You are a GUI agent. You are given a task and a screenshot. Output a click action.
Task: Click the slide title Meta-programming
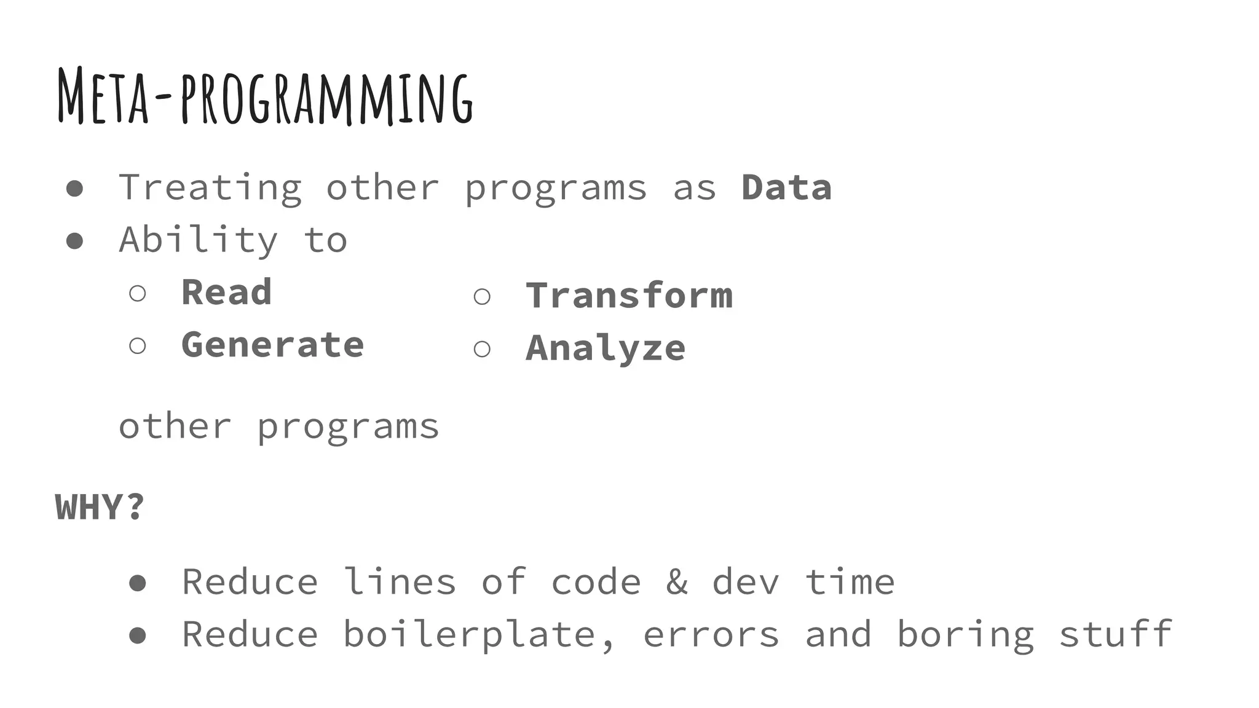tap(265, 97)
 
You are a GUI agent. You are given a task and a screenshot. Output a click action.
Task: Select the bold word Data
tap(786, 187)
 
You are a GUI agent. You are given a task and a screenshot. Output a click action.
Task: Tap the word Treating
tap(210, 187)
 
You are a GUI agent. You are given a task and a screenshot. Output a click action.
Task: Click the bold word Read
tap(226, 292)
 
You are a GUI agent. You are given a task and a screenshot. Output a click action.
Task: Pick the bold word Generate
tap(272, 344)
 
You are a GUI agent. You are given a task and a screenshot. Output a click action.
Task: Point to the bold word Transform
tap(629, 295)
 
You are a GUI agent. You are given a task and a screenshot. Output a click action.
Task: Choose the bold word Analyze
tap(606, 348)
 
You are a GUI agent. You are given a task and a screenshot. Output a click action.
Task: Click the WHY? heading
tap(100, 507)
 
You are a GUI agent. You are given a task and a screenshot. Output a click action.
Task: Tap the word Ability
tap(199, 240)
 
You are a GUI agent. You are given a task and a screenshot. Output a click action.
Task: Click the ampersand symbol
tap(677, 581)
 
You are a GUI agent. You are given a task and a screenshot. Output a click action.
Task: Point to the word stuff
tap(1115, 634)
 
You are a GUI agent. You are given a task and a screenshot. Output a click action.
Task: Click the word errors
tap(711, 634)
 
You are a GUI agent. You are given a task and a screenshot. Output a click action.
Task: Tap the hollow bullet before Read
tap(138, 293)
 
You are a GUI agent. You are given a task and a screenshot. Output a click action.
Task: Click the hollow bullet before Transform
tap(482, 297)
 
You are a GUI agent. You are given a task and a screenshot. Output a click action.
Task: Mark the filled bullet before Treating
tap(74, 188)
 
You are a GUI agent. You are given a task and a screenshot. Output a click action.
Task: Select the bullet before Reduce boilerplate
tap(138, 635)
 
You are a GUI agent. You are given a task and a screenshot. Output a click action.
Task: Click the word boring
tap(965, 634)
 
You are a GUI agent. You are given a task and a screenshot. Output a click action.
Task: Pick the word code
tap(595, 581)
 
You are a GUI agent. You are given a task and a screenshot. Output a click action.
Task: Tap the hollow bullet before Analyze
tap(482, 349)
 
